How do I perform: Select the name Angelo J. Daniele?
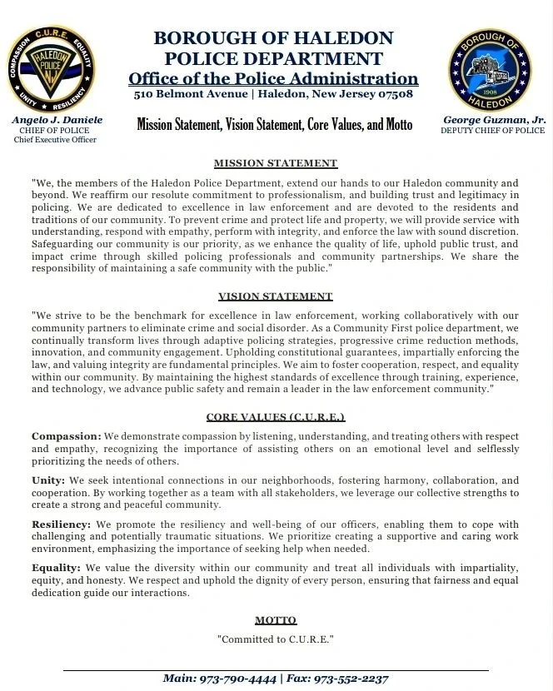point(57,120)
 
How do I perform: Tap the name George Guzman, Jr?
point(494,120)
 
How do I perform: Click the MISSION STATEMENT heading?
point(276,163)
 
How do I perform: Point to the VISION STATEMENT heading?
point(276,296)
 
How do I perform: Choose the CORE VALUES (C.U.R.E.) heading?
point(276,416)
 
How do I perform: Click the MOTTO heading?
point(276,620)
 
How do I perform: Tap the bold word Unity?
point(48,480)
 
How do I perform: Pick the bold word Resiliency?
point(61,524)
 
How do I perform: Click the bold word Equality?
point(56,568)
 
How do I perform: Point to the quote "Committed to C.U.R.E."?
point(276,639)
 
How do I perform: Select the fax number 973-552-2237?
point(351,679)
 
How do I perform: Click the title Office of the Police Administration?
point(273,78)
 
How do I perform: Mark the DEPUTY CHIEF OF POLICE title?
point(493,131)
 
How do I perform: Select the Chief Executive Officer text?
point(55,140)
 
